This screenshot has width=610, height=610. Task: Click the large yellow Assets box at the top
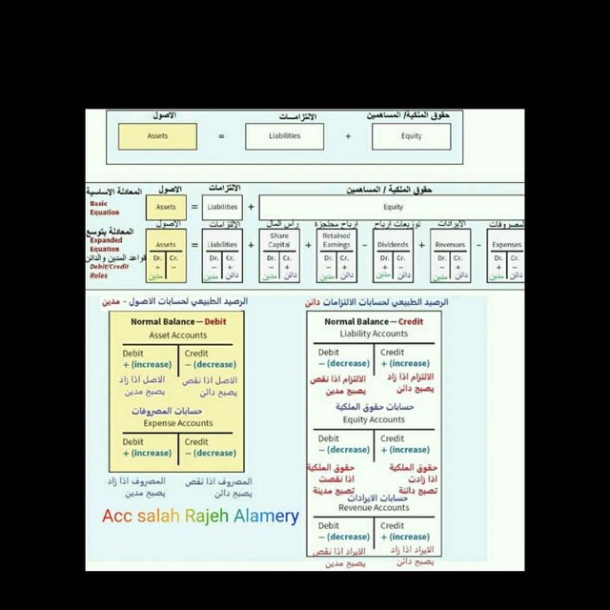coord(157,136)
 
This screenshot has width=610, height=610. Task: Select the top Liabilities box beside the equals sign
coord(284,136)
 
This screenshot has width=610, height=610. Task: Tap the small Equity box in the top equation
coord(410,136)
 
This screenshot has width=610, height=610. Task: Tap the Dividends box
coord(393,244)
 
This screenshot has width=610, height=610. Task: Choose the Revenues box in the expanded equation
coord(450,244)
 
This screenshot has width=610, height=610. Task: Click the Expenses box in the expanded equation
coord(506,244)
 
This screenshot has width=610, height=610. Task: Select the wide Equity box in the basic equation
coord(393,207)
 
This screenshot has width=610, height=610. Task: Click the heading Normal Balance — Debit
coord(178,322)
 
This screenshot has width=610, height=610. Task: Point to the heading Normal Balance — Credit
coord(374,322)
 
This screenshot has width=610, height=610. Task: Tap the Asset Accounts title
coord(178,335)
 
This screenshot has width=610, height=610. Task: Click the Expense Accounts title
coord(178,422)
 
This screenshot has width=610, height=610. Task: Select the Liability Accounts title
coord(374,335)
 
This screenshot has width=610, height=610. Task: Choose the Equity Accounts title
coord(374,419)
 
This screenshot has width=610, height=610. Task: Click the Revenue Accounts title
coord(374,508)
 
